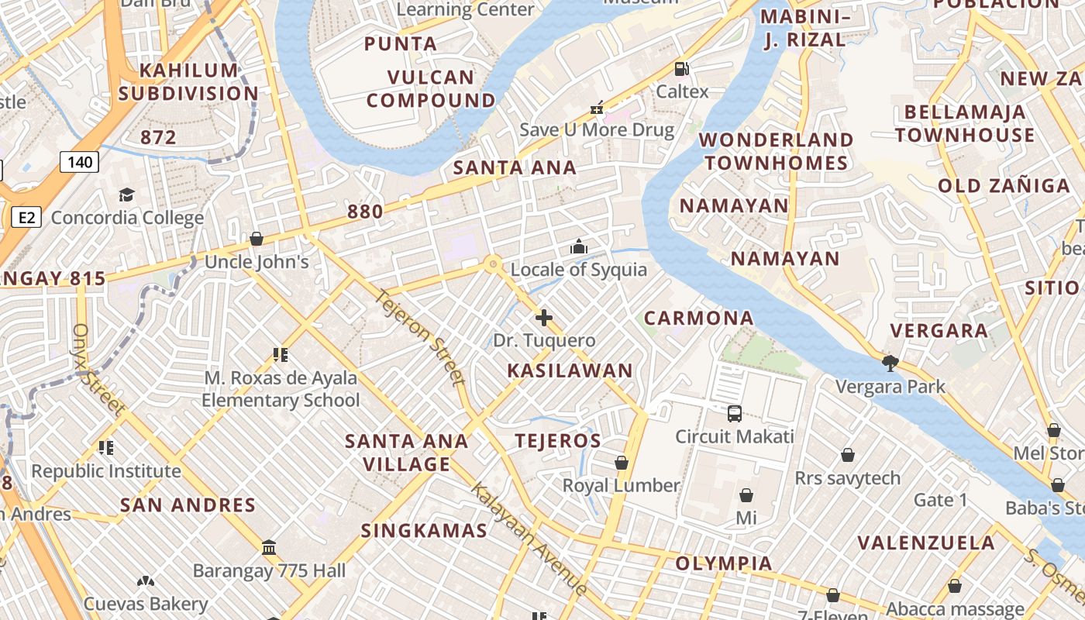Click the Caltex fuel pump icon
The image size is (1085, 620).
(682, 69)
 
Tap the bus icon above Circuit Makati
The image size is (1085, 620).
(735, 414)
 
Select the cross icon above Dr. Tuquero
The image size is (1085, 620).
(544, 318)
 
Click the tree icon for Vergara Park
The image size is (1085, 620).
(890, 363)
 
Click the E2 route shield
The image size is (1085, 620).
(26, 217)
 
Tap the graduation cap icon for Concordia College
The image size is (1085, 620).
(126, 195)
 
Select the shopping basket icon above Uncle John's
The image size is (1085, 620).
(257, 239)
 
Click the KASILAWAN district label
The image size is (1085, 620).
(570, 371)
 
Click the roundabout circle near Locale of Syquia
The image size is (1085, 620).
(492, 264)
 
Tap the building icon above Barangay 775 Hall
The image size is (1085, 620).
(269, 548)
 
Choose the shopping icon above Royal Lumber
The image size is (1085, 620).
(622, 463)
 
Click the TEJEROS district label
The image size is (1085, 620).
(558, 441)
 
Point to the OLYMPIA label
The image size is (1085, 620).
(724, 563)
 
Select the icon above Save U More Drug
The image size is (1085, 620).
(597, 107)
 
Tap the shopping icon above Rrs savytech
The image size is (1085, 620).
(848, 455)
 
